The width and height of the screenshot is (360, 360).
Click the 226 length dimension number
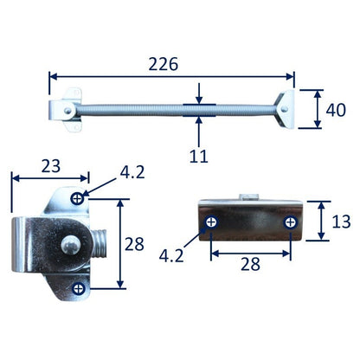click(x=164, y=64)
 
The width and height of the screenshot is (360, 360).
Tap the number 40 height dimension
click(x=336, y=110)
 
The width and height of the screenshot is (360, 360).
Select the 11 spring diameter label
click(x=199, y=156)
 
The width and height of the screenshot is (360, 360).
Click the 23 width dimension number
click(x=51, y=166)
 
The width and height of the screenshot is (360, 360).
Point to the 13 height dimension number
click(x=342, y=222)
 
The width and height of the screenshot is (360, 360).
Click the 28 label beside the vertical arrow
click(x=134, y=244)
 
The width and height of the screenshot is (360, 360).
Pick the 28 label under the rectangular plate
click(x=250, y=264)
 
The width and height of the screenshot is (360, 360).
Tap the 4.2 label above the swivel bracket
click(x=132, y=172)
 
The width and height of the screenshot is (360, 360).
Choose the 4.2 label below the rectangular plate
click(x=171, y=255)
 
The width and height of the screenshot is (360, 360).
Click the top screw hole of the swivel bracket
click(x=77, y=198)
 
